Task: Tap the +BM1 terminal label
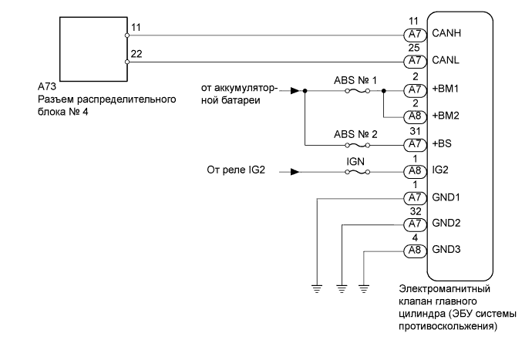coord(447,90)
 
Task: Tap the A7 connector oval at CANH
coord(415,35)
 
